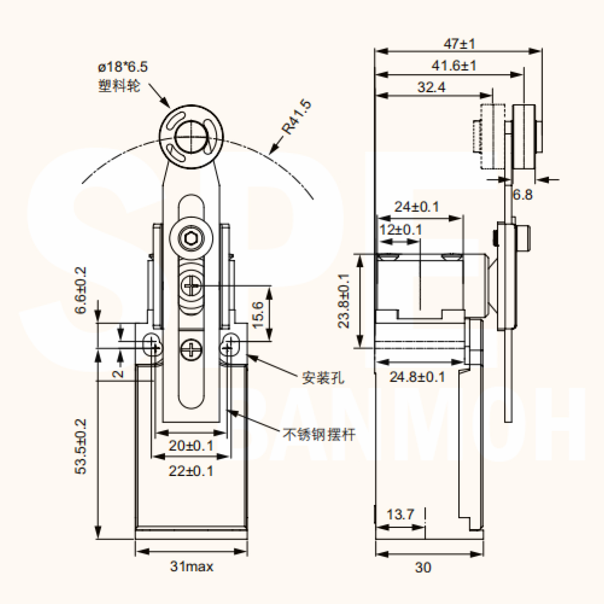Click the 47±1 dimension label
point(459,43)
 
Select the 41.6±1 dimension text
point(454,65)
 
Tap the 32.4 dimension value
point(431,87)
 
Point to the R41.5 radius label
point(296,117)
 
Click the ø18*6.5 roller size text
point(123,67)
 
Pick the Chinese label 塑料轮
point(119,86)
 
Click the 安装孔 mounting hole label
point(323,378)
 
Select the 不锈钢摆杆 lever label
point(319,434)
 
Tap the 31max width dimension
point(192,567)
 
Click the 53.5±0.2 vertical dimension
point(81,447)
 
